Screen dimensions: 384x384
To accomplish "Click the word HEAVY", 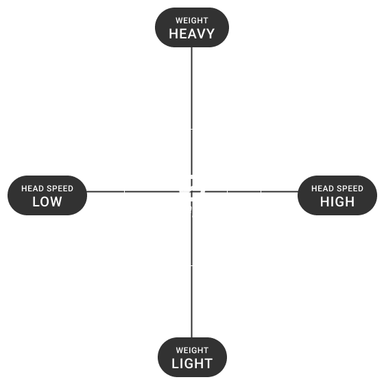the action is coord(192,34).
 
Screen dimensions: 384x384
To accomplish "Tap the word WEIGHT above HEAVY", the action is coord(192,21).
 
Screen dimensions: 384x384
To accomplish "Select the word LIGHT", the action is coord(192,363).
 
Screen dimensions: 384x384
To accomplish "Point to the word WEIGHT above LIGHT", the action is coord(192,350).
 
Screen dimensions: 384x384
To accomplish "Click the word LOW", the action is coord(47,202).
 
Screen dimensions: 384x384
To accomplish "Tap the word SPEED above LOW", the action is coord(60,189).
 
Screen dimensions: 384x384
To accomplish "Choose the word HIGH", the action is coord(337,202).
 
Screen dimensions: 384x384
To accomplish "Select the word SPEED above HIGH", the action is coord(350,189).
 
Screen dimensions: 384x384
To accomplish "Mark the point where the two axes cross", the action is coord(191,191).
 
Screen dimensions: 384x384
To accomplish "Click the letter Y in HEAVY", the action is coord(210,34).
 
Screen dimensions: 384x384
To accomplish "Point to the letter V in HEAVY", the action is coord(201,34).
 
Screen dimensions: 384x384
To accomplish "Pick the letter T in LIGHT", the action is coord(208,363).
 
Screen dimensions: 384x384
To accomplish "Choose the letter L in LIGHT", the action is coord(176,363).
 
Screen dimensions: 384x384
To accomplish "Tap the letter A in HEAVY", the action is coord(191,34).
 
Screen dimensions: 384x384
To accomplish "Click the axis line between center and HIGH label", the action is coord(245,191).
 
